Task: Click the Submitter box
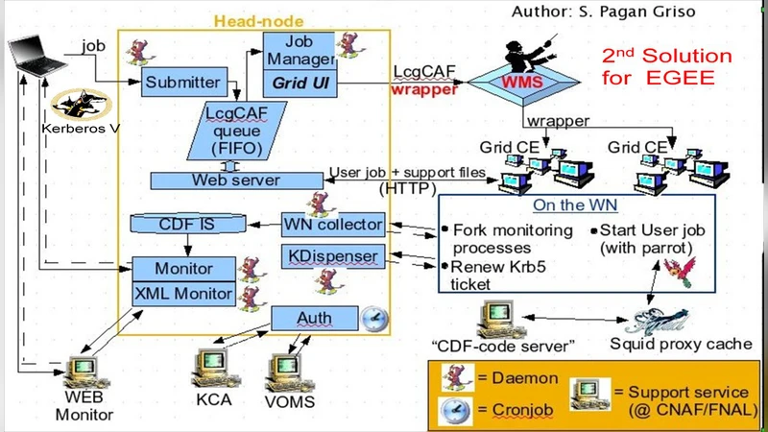pyautogui.click(x=182, y=83)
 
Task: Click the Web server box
pyautogui.click(x=235, y=180)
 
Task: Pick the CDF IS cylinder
pyautogui.click(x=188, y=226)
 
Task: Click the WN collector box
pyautogui.click(x=333, y=226)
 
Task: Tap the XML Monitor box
pyautogui.click(x=182, y=294)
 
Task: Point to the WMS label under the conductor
pyautogui.click(x=524, y=83)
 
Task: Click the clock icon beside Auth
pyautogui.click(x=372, y=318)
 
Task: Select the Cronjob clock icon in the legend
pyautogui.click(x=452, y=410)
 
